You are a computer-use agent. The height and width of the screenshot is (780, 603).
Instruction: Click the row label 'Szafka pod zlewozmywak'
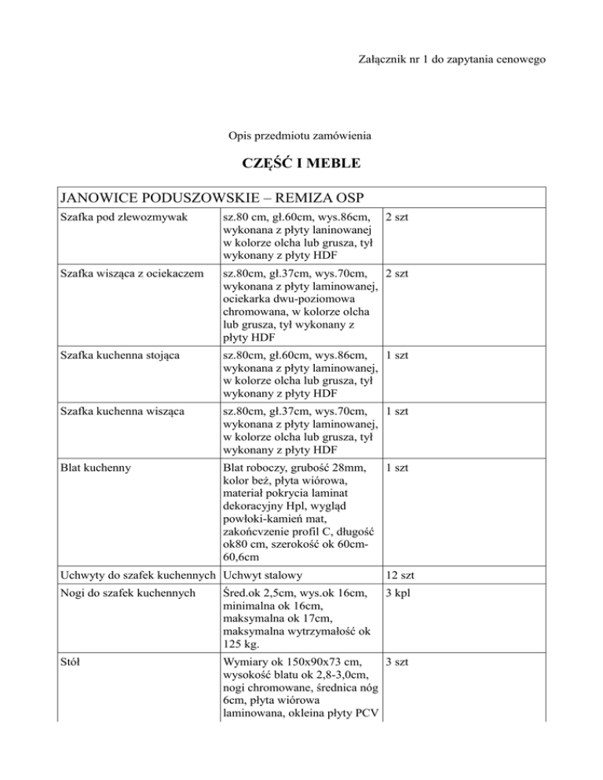click(119, 217)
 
